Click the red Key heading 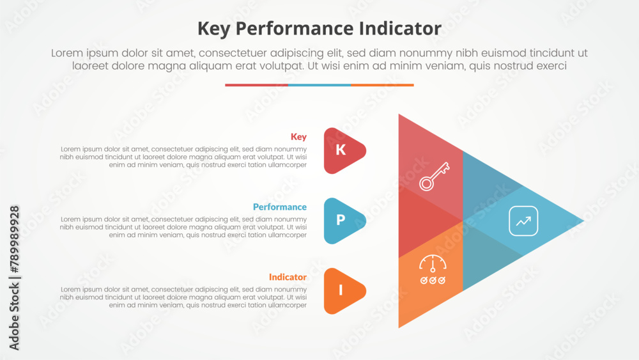298,137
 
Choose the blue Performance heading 279,207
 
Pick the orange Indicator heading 288,278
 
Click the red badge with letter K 341,150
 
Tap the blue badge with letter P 341,221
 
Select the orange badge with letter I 341,291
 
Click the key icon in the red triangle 434,176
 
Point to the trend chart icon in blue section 523,221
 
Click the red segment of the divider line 256,85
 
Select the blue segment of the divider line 319,85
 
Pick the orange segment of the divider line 382,85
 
